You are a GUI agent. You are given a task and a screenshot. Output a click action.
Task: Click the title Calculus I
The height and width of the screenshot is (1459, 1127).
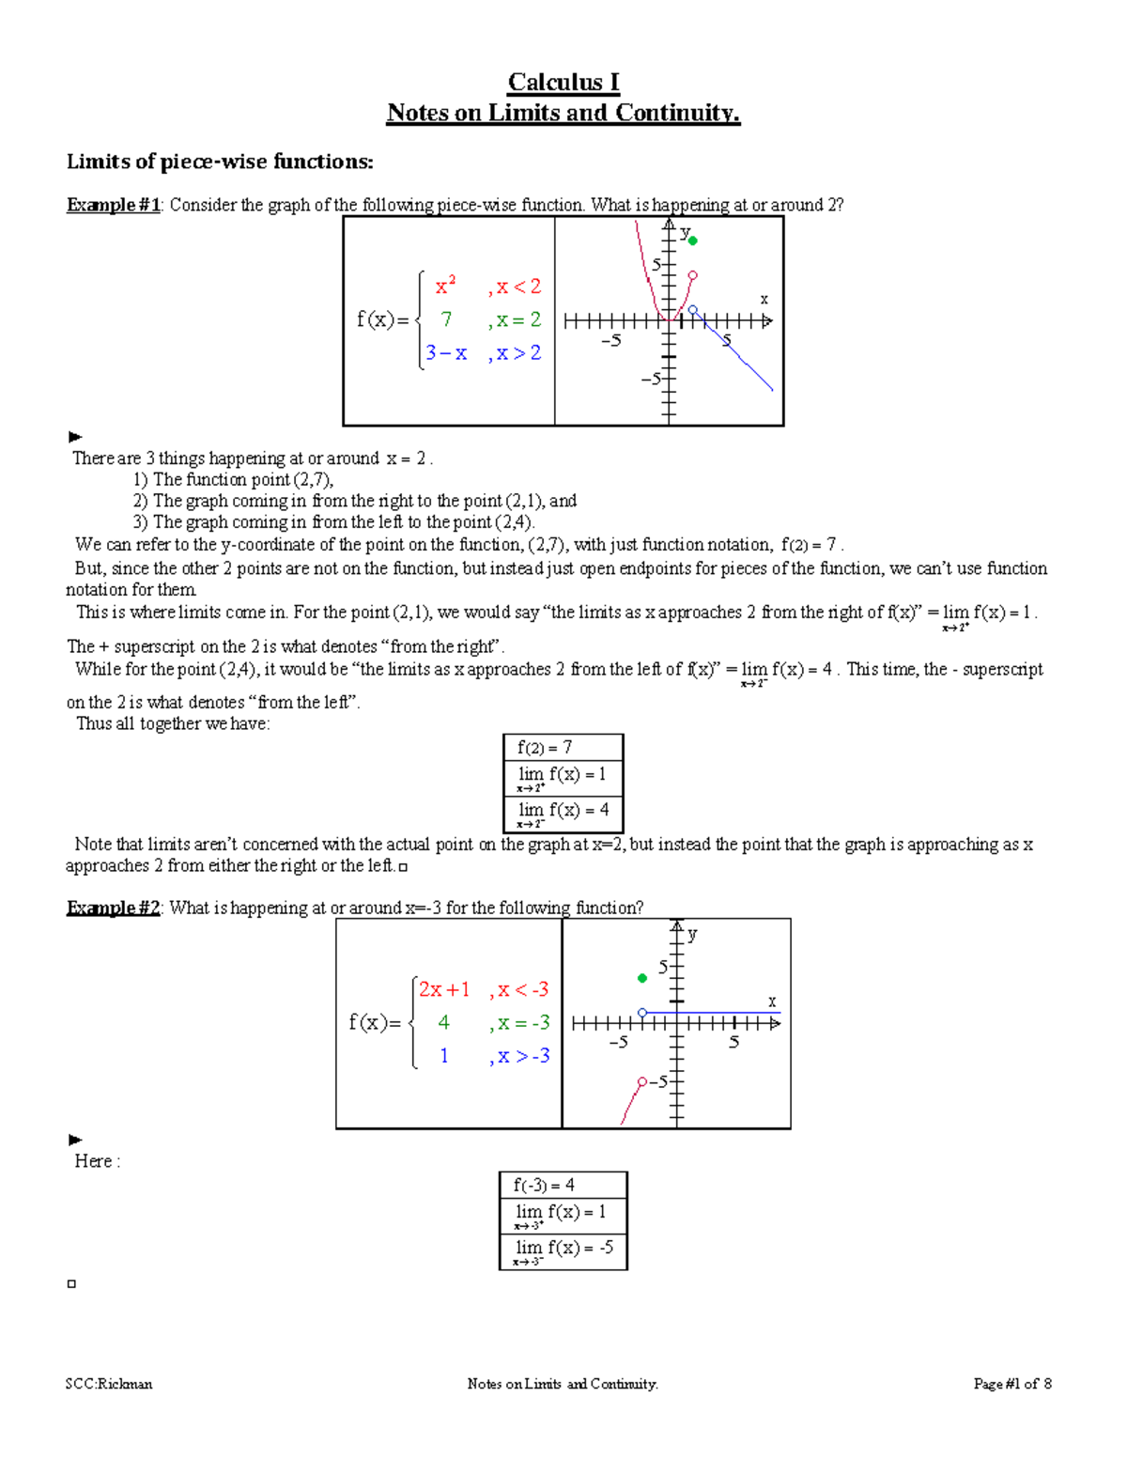(x=563, y=83)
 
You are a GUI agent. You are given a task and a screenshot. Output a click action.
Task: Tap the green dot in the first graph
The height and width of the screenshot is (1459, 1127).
(x=693, y=241)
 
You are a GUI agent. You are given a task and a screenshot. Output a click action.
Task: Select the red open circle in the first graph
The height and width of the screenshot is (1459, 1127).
(x=692, y=275)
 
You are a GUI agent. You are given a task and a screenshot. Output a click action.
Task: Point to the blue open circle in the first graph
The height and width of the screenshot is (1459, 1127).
(x=693, y=309)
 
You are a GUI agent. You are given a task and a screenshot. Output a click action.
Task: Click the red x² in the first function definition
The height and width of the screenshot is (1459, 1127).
(x=445, y=286)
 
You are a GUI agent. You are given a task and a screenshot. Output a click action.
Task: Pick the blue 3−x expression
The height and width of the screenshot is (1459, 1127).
(x=446, y=353)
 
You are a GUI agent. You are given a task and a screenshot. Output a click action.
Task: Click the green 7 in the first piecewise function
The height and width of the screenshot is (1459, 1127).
(x=446, y=319)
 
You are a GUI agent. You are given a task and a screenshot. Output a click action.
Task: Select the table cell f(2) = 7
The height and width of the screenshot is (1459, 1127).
(x=563, y=748)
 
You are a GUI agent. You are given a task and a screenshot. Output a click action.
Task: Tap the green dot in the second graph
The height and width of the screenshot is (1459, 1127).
(x=642, y=978)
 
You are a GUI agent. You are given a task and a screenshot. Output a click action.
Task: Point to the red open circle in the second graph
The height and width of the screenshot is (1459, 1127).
(x=642, y=1082)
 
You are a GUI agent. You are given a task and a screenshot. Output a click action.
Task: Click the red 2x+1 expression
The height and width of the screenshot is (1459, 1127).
(x=444, y=989)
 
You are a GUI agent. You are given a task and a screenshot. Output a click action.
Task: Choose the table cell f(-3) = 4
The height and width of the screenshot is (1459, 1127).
(x=563, y=1186)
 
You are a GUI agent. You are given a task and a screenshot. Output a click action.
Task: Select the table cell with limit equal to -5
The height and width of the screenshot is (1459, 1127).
(x=563, y=1250)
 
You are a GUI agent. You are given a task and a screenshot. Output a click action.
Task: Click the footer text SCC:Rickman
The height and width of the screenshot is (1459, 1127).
(x=109, y=1384)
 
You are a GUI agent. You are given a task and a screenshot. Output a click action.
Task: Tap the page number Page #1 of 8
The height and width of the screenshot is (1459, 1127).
(x=1012, y=1384)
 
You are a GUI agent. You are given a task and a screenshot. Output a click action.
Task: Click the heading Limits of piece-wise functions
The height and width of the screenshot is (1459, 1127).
(x=220, y=162)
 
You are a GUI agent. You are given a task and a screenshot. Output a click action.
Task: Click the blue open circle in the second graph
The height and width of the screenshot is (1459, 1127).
(x=642, y=1013)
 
